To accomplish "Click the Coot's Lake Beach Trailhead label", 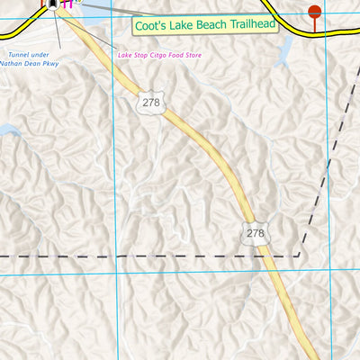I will (203, 26).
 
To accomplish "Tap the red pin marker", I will (314, 12).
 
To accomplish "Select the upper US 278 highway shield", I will (150, 103).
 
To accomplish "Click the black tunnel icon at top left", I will (55, 5).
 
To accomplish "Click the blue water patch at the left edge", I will (5, 131).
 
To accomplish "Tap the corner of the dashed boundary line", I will (300, 256).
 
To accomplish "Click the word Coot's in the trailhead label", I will (150, 26).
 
